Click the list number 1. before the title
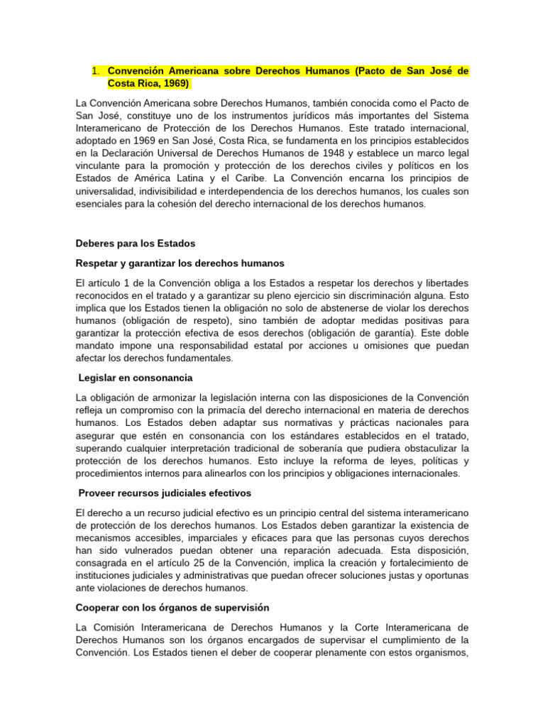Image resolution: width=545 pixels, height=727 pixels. pyautogui.click(x=97, y=72)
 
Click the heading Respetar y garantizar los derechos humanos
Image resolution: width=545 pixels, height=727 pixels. pyautogui.click(x=180, y=263)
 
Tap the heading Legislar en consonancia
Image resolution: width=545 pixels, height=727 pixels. pyautogui.click(x=136, y=378)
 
